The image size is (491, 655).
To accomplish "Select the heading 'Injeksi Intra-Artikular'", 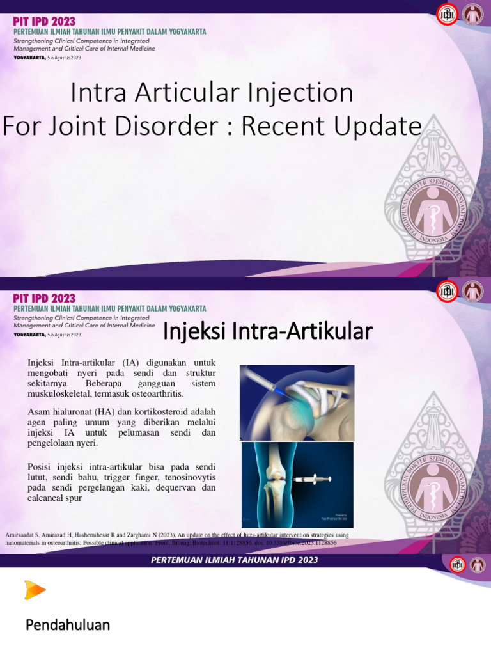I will click(268, 331).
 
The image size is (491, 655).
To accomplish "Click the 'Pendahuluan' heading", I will click(68, 625).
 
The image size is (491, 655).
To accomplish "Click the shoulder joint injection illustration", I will click(297, 402).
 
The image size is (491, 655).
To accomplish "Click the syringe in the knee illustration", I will click(312, 478).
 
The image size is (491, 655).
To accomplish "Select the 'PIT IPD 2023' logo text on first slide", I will click(44, 22).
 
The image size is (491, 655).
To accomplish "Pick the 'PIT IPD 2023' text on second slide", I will click(44, 298).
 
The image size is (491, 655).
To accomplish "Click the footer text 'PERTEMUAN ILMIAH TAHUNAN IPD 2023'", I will click(235, 560).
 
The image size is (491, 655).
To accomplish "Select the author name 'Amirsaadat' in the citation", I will click(24, 535).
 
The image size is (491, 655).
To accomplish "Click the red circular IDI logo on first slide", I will click(447, 15).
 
